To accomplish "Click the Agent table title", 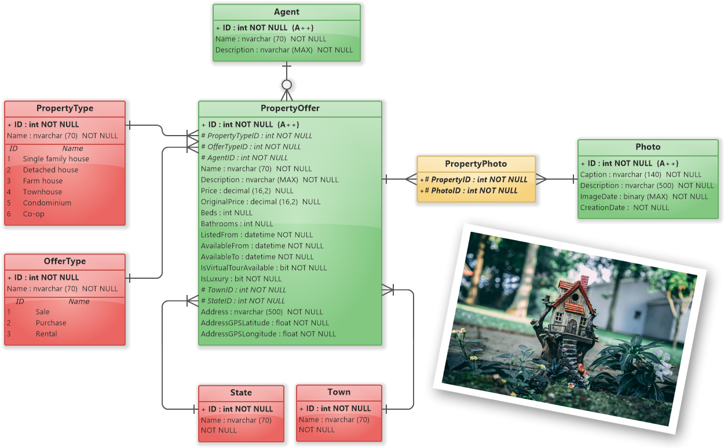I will pos(286,12).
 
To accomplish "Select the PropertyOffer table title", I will pos(290,108).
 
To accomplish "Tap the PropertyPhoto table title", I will pos(476,164).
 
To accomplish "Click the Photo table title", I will pos(648,147).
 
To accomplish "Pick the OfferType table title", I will pos(64,261).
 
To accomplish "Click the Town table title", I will pos(339,392).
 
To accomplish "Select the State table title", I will pos(241,393).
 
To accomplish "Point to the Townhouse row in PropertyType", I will pos(42,192).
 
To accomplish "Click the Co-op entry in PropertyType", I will pos(34,214).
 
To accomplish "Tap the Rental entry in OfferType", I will pos(46,334).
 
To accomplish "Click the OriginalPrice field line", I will pos(260,202).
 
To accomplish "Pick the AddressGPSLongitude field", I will pos(268,334).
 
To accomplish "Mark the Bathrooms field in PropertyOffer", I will pos(236,224).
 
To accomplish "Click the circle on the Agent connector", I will pos(286,85).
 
